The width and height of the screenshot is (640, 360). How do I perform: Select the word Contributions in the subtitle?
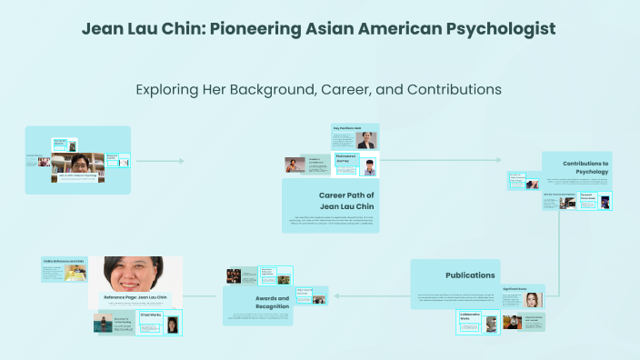(445, 90)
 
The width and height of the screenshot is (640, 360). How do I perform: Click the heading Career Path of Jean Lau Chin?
(346, 201)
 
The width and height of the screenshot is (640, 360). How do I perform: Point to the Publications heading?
(470, 275)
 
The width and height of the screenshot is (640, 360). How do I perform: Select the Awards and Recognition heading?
(271, 302)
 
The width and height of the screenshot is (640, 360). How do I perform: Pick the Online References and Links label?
(62, 261)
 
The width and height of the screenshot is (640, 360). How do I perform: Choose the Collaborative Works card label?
(470, 316)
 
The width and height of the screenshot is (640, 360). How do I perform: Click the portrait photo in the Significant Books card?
(532, 300)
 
